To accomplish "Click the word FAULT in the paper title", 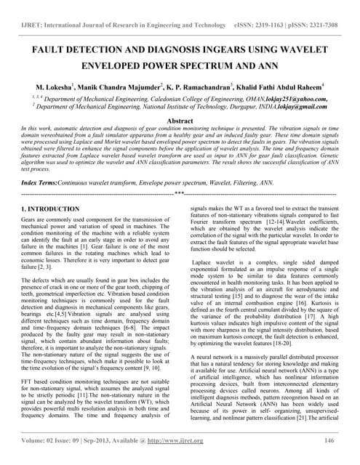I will pos(41,53).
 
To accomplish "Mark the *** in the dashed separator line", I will pos(179,175).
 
